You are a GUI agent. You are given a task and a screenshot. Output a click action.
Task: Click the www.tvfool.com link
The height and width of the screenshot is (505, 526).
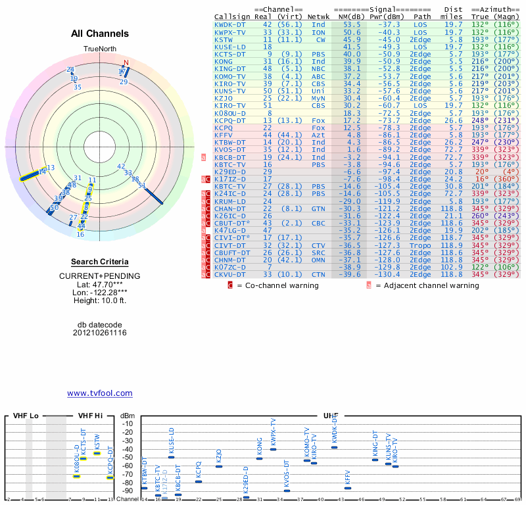pyautogui.click(x=99, y=393)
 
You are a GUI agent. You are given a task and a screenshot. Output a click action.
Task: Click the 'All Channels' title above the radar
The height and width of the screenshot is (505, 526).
pyautogui.click(x=100, y=34)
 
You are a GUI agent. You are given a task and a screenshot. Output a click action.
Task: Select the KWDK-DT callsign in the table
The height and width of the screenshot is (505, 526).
pyautogui.click(x=230, y=24)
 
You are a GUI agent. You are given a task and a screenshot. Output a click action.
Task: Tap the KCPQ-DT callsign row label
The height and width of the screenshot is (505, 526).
pyautogui.click(x=230, y=120)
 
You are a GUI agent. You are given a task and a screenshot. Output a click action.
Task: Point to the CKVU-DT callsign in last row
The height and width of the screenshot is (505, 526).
pyautogui.click(x=230, y=274)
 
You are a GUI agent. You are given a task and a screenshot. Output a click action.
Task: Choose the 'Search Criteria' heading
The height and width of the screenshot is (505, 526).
pyautogui.click(x=99, y=262)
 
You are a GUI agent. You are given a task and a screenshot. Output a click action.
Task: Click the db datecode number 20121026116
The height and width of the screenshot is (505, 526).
pyautogui.click(x=99, y=333)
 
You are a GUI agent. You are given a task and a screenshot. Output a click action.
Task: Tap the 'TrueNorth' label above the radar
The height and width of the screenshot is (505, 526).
pyautogui.click(x=99, y=49)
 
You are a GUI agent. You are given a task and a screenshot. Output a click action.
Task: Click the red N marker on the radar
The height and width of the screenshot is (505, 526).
pyautogui.click(x=126, y=63)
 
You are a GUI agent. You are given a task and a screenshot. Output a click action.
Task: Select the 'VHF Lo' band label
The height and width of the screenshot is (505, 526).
pyautogui.click(x=25, y=416)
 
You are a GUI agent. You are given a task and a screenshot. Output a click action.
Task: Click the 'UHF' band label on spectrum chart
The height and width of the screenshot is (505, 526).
pyautogui.click(x=330, y=416)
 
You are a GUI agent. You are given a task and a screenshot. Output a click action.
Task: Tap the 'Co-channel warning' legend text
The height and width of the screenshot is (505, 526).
pyautogui.click(x=282, y=285)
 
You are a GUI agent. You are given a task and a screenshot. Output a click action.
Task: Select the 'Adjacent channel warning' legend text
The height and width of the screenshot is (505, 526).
pyautogui.click(x=427, y=285)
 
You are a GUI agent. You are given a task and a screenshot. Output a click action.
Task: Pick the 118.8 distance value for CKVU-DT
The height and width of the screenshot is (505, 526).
pyautogui.click(x=453, y=274)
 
